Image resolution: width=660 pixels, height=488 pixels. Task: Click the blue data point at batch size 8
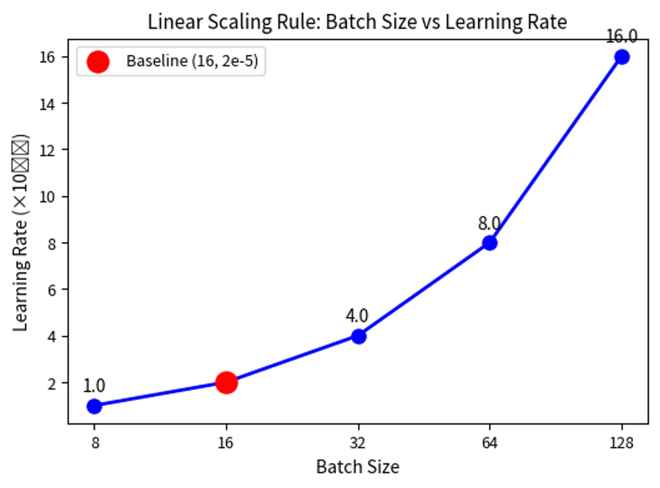[94, 406]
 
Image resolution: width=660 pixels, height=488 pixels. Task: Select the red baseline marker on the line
[226, 382]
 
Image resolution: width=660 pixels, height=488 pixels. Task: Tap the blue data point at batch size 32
[359, 336]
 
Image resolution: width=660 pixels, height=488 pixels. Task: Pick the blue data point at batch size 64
[489, 243]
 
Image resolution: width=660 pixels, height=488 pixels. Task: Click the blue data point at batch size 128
[622, 57]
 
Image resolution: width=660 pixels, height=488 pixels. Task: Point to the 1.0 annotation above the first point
[94, 386]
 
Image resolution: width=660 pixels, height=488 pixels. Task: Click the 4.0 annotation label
[357, 316]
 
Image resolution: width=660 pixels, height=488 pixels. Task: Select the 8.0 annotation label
[489, 224]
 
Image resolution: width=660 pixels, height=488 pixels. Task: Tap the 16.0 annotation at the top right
[621, 36]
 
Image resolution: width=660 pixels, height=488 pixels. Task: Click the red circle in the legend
[98, 62]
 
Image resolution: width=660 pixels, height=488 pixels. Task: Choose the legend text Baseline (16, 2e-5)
[192, 61]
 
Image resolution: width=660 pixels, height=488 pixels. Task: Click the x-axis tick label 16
[226, 443]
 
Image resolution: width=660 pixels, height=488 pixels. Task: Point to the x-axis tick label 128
[621, 443]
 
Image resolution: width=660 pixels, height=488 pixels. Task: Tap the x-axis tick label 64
[489, 443]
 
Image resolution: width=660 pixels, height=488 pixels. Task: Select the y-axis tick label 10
[47, 197]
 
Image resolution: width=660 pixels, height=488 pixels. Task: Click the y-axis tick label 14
[47, 104]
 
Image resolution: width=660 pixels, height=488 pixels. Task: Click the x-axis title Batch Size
[357, 467]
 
